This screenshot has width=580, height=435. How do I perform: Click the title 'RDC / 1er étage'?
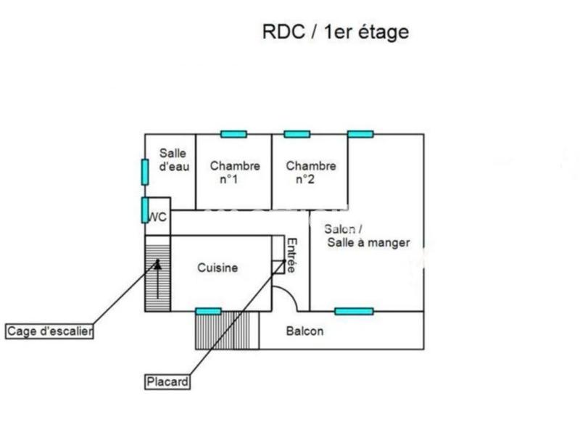pyautogui.click(x=335, y=32)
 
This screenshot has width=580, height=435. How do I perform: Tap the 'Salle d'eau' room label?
pyautogui.click(x=174, y=159)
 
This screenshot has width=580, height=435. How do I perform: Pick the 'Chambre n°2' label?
pyautogui.click(x=310, y=172)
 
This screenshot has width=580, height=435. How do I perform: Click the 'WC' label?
pyautogui.click(x=158, y=217)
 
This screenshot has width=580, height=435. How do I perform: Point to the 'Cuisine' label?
pyautogui.click(x=217, y=268)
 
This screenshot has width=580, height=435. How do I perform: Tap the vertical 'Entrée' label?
pyautogui.click(x=291, y=256)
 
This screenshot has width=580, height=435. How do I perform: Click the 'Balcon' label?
pyautogui.click(x=304, y=331)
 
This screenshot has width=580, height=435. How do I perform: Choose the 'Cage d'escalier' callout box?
pyautogui.click(x=50, y=332)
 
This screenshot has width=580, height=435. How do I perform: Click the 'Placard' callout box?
pyautogui.click(x=167, y=381)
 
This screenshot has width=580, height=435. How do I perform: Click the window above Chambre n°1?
pyautogui.click(x=233, y=133)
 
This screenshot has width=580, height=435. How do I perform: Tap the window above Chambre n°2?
pyautogui.click(x=297, y=133)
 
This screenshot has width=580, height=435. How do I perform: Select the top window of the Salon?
pyautogui.click(x=360, y=133)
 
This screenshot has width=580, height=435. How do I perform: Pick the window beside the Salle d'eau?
pyautogui.click(x=145, y=171)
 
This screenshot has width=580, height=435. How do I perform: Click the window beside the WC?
pyautogui.click(x=145, y=210)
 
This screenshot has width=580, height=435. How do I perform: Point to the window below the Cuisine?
pyautogui.click(x=209, y=311)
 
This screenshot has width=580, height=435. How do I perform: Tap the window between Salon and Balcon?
pyautogui.click(x=354, y=311)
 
